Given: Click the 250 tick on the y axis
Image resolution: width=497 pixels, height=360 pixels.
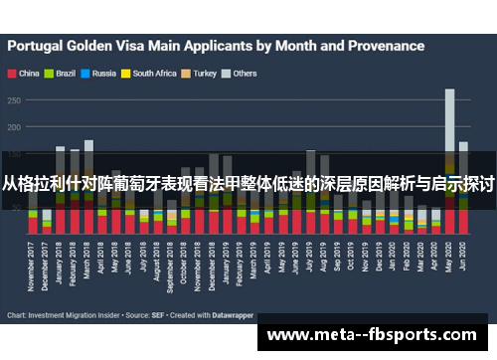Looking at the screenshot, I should [16, 99].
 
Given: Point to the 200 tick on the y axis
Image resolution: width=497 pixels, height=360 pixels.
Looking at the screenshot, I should [16, 127].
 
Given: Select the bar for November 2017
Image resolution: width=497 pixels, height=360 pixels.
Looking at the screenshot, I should [33, 214].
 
